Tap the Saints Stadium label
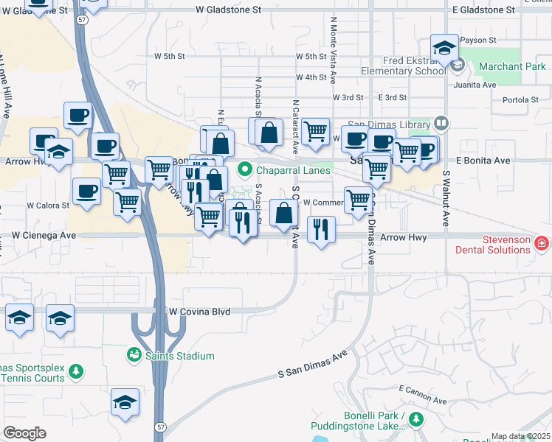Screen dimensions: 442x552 click(181, 356)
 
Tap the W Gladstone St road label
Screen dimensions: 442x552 click(229, 10)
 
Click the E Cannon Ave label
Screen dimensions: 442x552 click(422, 394)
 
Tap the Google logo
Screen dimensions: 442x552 click(24, 433)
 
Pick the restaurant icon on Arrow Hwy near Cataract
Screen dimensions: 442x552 click(320, 231)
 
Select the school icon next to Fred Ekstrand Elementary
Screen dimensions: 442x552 click(445, 50)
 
